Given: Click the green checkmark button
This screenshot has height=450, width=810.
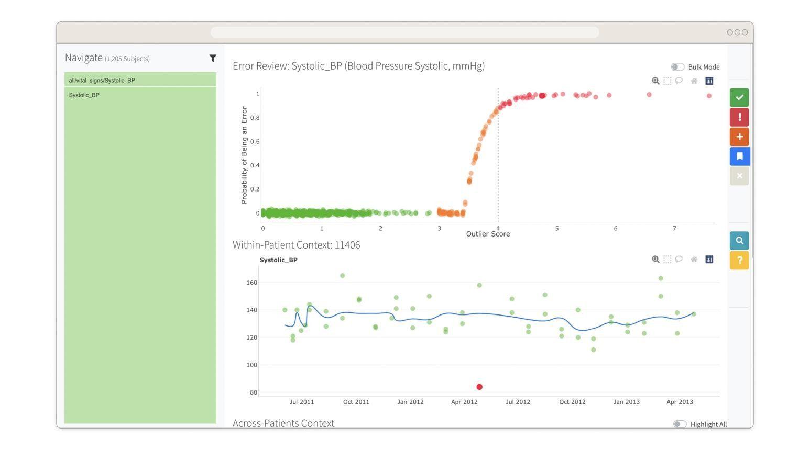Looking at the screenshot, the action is [x=739, y=97].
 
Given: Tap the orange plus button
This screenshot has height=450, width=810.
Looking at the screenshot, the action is [x=739, y=137].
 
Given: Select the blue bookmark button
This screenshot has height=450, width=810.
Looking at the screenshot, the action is [x=739, y=156].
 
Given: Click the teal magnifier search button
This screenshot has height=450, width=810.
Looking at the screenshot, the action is [x=739, y=241].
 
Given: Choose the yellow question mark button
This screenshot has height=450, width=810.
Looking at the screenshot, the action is [x=739, y=261].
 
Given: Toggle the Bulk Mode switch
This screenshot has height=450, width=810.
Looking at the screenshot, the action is [x=677, y=67].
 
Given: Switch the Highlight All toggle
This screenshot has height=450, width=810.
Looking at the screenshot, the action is [x=680, y=424].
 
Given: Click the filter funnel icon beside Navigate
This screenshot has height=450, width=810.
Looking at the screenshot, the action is [x=213, y=58].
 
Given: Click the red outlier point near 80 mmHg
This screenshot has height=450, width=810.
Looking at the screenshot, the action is [x=479, y=387].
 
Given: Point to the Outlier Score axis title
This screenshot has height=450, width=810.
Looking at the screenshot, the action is [x=488, y=234].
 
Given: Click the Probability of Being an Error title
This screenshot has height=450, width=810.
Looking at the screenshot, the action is [x=244, y=155].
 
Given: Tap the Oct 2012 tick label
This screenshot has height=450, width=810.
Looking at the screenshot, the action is [x=572, y=402].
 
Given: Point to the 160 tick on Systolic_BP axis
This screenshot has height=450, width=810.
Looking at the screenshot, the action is [x=251, y=283].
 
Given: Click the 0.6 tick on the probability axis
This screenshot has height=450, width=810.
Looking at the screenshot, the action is [x=255, y=142].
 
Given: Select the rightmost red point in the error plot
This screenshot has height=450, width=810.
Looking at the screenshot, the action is [x=709, y=96].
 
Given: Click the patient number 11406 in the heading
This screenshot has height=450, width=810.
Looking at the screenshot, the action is [x=347, y=245].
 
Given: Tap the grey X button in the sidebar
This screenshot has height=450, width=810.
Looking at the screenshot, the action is [x=739, y=176].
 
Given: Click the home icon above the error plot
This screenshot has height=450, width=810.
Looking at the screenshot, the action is [x=694, y=81].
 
